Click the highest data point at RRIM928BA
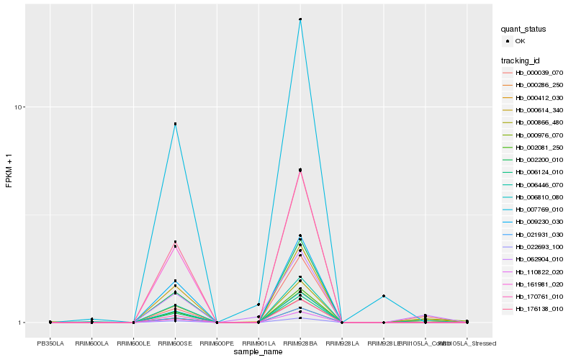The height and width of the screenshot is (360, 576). tap(300, 19)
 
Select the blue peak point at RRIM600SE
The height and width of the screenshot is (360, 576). tap(175, 124)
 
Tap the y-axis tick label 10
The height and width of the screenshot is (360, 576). tap(20, 107)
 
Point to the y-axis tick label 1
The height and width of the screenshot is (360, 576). tap(22, 323)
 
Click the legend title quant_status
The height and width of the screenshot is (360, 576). tap(523, 30)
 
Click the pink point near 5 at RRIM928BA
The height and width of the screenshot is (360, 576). tap(300, 170)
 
